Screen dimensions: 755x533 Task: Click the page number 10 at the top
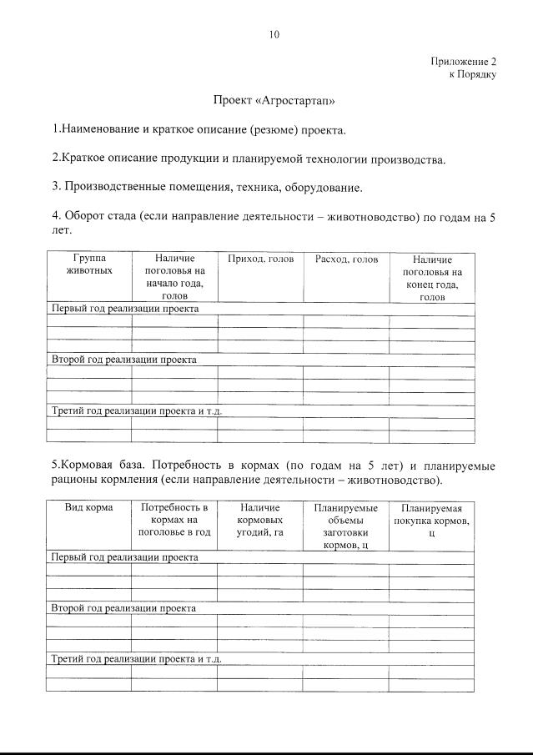274,34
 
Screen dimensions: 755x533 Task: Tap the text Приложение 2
463,62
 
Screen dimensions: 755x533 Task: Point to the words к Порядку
472,74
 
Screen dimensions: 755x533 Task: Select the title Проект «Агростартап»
274,102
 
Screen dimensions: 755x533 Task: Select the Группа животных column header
88,265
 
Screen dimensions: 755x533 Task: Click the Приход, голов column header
260,259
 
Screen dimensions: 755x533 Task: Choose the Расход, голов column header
346,259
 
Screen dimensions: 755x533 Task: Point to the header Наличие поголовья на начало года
174,277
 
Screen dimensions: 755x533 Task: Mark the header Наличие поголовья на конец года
432,278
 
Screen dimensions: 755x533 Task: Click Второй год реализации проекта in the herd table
124,360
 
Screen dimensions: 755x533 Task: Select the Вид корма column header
88,507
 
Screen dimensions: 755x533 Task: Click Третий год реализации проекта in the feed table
136,658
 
